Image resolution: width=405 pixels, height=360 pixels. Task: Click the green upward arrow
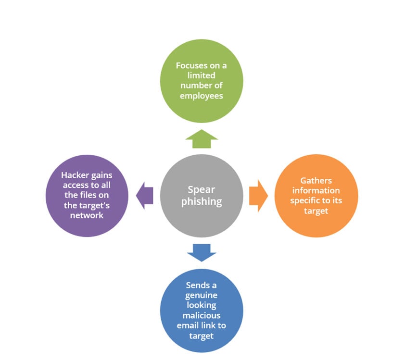click(x=202, y=139)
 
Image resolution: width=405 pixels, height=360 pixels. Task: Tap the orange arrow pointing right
click(x=258, y=196)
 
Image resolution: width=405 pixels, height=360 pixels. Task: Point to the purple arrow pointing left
click(x=145, y=195)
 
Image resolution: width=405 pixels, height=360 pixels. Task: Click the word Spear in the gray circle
click(x=201, y=190)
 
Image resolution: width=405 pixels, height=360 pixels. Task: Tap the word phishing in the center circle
click(x=202, y=201)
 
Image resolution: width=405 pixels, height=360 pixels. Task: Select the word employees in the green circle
click(x=202, y=96)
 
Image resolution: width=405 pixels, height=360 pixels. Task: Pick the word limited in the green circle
click(x=201, y=75)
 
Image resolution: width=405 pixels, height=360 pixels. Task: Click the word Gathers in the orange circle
click(x=316, y=181)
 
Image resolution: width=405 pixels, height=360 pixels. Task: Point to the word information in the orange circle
click(x=316, y=191)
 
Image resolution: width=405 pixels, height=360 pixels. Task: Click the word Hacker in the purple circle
click(x=75, y=175)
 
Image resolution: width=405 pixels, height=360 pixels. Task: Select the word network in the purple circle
click(x=87, y=215)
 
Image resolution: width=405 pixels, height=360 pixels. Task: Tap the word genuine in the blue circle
click(x=201, y=296)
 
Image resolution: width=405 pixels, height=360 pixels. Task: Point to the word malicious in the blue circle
click(x=202, y=316)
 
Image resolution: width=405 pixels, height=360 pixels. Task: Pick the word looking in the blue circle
click(x=202, y=306)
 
